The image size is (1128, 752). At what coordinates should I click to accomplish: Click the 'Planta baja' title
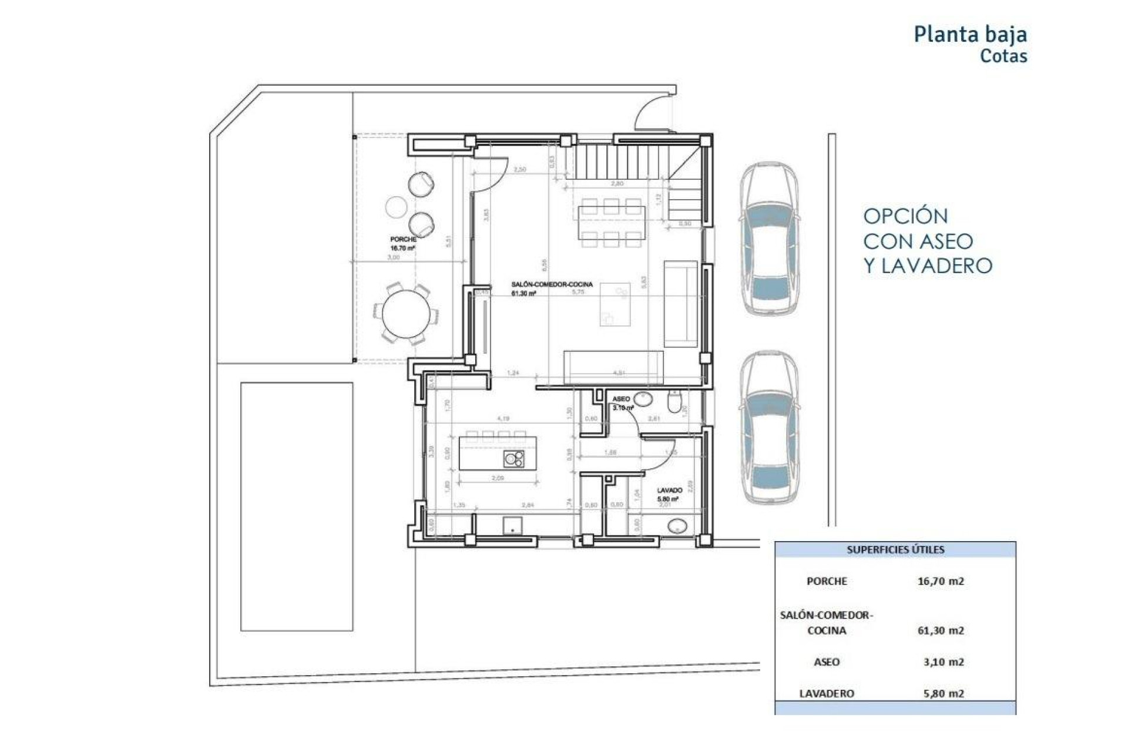tap(970, 34)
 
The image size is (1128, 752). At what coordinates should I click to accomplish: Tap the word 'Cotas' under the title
tap(1003, 56)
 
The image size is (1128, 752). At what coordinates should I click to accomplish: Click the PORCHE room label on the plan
tap(403, 240)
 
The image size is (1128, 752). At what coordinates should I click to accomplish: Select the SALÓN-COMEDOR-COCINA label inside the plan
tap(552, 284)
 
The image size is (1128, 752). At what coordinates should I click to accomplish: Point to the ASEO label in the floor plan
tap(621, 399)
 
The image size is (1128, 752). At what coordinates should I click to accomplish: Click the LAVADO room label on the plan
tap(669, 490)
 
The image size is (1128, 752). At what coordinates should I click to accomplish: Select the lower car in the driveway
tap(769, 427)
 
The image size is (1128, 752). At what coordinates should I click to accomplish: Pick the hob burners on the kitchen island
tap(514, 459)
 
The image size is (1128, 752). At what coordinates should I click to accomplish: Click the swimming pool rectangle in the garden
tap(297, 506)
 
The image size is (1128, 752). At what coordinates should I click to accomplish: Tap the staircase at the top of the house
tap(622, 162)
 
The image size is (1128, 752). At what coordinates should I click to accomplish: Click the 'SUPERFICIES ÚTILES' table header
tap(895, 550)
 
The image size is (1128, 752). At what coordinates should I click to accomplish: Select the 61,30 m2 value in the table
tap(940, 630)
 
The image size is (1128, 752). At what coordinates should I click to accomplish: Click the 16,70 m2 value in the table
tap(940, 581)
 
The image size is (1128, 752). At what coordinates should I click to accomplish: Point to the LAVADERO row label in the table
tap(826, 693)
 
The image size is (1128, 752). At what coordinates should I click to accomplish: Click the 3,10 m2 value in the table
tap(943, 662)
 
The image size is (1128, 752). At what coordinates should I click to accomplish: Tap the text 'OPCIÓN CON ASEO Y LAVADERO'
tap(927, 241)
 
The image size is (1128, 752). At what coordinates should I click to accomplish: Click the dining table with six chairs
tap(611, 223)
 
